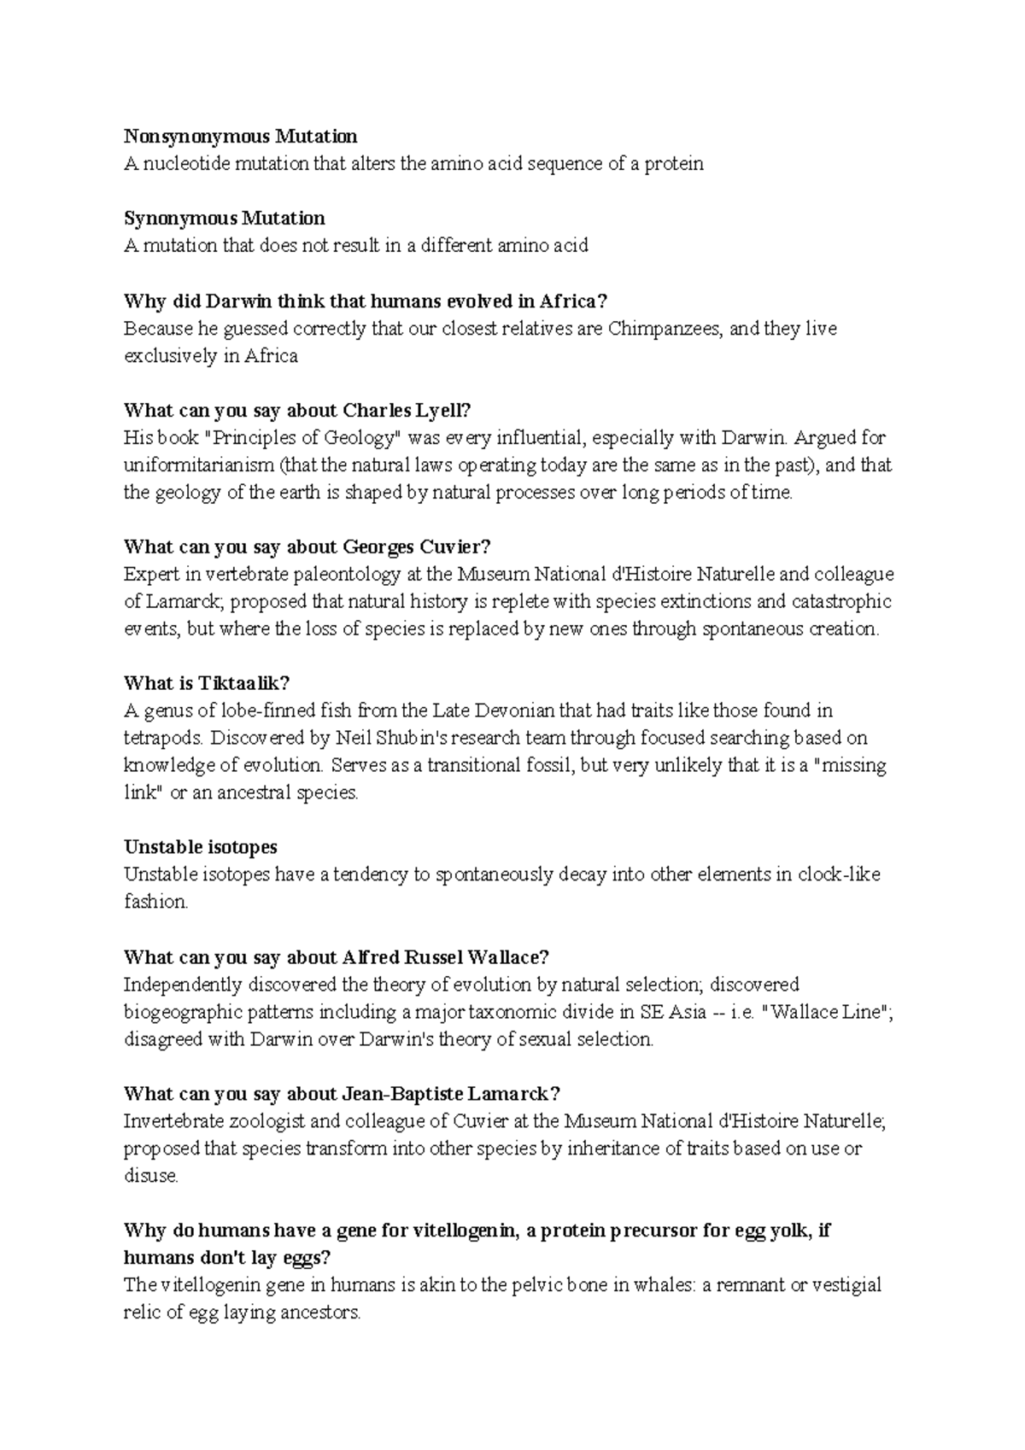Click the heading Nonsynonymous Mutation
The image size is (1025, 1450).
pos(241,137)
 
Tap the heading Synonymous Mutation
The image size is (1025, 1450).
pos(225,219)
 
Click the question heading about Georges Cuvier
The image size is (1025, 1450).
pos(307,547)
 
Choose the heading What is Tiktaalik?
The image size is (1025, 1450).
pos(208,683)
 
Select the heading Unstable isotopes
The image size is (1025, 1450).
pos(201,847)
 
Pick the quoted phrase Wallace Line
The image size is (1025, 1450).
pos(826,1012)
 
